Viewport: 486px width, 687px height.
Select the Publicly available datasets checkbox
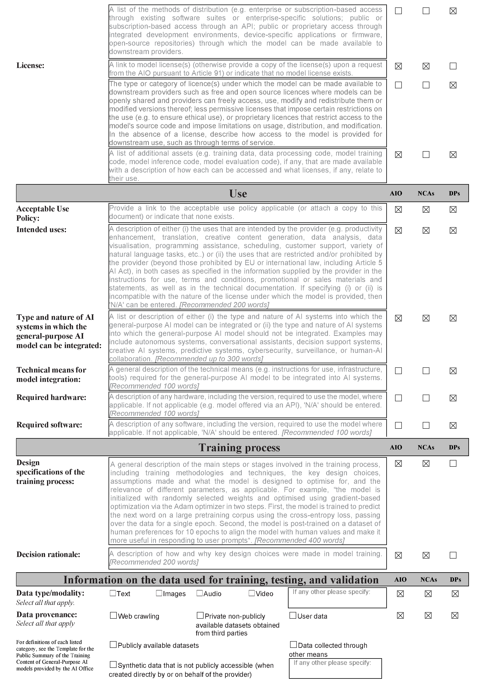click(x=113, y=645)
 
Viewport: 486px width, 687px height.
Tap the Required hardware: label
click(x=51, y=397)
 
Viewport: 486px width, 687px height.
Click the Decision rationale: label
click(x=48, y=554)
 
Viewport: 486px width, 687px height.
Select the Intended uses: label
click(x=41, y=230)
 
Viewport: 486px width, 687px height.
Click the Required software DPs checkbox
click(x=453, y=425)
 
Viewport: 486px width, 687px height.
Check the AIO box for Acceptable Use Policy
click(x=398, y=210)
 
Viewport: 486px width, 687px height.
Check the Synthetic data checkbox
click(x=113, y=664)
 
